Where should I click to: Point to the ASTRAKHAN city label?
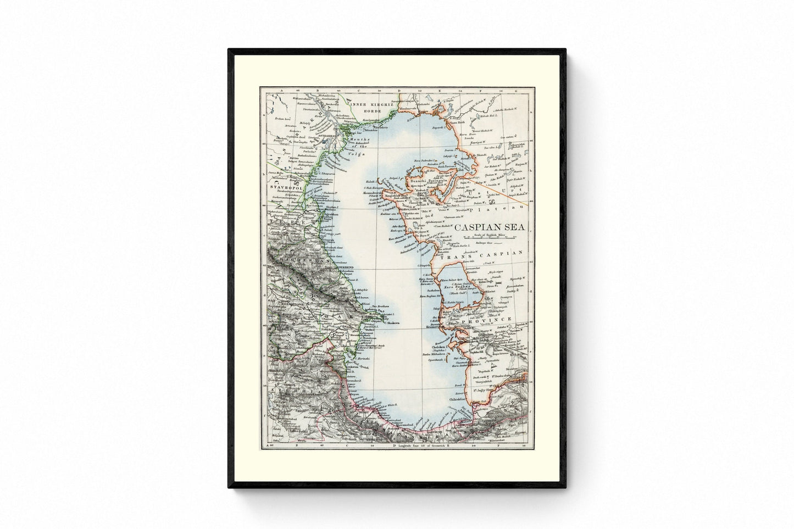pos(329,141)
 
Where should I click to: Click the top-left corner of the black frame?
pos(229,49)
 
